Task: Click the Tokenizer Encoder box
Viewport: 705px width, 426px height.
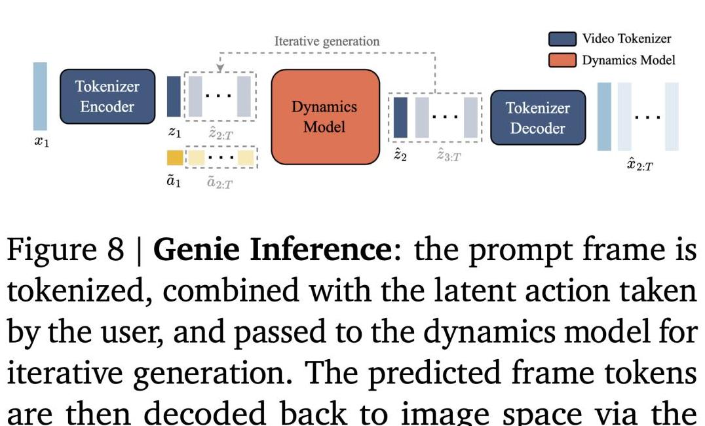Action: [x=107, y=96]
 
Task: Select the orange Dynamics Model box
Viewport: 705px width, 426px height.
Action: [x=325, y=116]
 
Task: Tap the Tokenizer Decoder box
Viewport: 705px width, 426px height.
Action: [x=537, y=117]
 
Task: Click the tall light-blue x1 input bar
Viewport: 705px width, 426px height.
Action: [x=40, y=96]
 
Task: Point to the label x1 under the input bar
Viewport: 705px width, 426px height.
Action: [x=41, y=142]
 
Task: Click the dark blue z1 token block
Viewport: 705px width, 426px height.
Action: [x=174, y=96]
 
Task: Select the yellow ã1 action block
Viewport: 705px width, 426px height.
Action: [x=174, y=158]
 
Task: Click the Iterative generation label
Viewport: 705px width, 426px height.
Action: [x=326, y=41]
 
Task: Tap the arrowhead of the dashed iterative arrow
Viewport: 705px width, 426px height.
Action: [x=220, y=68]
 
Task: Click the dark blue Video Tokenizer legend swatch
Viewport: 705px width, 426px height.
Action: [x=562, y=39]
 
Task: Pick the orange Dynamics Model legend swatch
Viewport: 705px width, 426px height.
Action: [x=562, y=60]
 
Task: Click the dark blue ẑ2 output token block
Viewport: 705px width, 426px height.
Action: [x=400, y=117]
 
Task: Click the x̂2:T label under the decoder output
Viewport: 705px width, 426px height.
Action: [x=639, y=164]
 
